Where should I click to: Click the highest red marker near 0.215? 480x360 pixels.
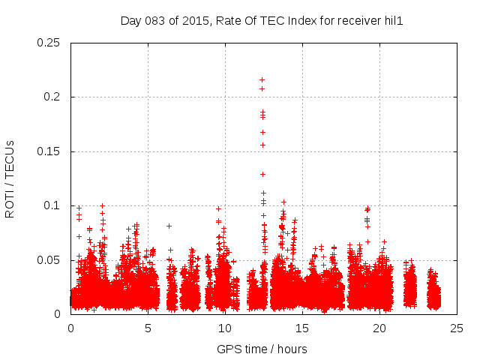262,79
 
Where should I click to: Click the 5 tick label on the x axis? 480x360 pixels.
148,328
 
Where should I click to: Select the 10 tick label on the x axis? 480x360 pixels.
225,328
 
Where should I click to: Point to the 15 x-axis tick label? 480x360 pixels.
302,328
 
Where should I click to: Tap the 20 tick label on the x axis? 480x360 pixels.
379,328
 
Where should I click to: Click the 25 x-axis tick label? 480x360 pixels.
457,328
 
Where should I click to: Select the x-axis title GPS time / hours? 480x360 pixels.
262,349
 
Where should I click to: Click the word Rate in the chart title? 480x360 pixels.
228,20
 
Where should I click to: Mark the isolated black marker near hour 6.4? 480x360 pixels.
169,226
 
